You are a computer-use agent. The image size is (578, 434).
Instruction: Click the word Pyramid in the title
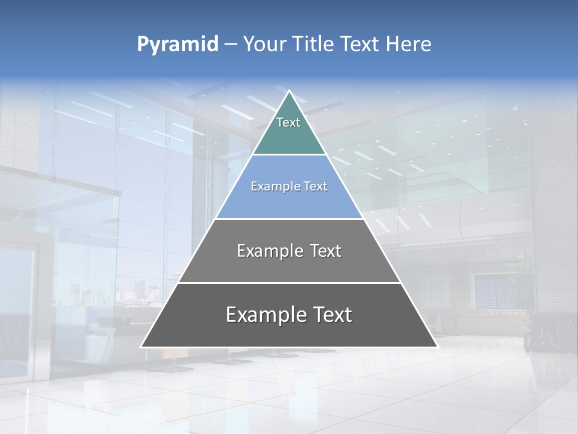pyautogui.click(x=177, y=45)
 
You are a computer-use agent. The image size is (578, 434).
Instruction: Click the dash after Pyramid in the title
pyautogui.click(x=231, y=45)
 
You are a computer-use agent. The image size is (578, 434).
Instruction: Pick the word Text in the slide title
pyautogui.click(x=361, y=44)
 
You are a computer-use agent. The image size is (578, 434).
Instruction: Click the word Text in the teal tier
pyautogui.click(x=288, y=122)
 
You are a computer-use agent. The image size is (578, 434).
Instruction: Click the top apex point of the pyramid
pyautogui.click(x=289, y=91)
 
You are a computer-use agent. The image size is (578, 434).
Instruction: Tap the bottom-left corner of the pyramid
pyautogui.click(x=141, y=347)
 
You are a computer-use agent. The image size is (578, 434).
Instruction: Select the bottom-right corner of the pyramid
pyautogui.click(x=437, y=347)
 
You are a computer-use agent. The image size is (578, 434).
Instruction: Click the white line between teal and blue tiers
pyautogui.click(x=289, y=154)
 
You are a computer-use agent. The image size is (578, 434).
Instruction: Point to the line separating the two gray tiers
pyautogui.click(x=289, y=283)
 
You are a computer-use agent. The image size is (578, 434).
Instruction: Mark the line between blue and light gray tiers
pyautogui.click(x=289, y=219)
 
